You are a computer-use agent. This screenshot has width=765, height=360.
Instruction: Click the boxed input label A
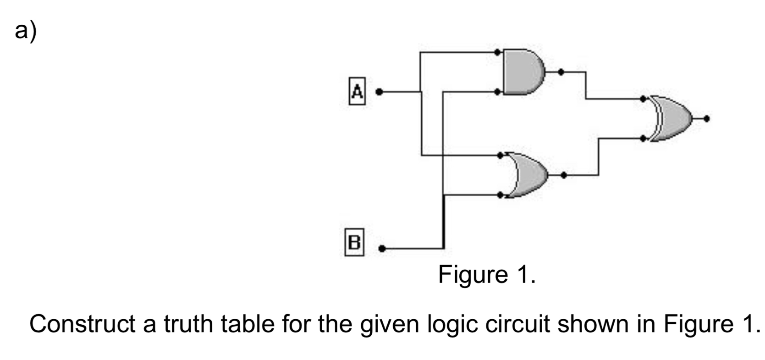357,91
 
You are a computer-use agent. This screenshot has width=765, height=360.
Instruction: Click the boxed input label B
354,242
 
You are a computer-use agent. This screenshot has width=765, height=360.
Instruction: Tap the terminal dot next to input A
379,92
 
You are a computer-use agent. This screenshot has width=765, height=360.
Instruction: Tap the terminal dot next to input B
382,249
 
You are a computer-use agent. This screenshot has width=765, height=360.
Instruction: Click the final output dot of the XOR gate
706,119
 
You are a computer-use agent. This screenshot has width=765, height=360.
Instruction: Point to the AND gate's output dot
561,72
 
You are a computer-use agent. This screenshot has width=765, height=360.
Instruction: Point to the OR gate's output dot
563,175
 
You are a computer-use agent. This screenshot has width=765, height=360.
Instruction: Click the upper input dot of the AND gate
497,52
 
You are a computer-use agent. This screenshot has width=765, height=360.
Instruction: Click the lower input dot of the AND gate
497,92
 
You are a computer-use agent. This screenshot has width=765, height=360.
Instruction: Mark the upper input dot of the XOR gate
643,99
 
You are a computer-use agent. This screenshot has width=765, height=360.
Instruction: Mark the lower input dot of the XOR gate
643,138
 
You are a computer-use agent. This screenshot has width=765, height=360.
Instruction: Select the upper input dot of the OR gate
500,155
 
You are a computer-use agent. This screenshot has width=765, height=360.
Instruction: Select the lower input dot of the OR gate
500,195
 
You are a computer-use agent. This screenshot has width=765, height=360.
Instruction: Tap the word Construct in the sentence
83,324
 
